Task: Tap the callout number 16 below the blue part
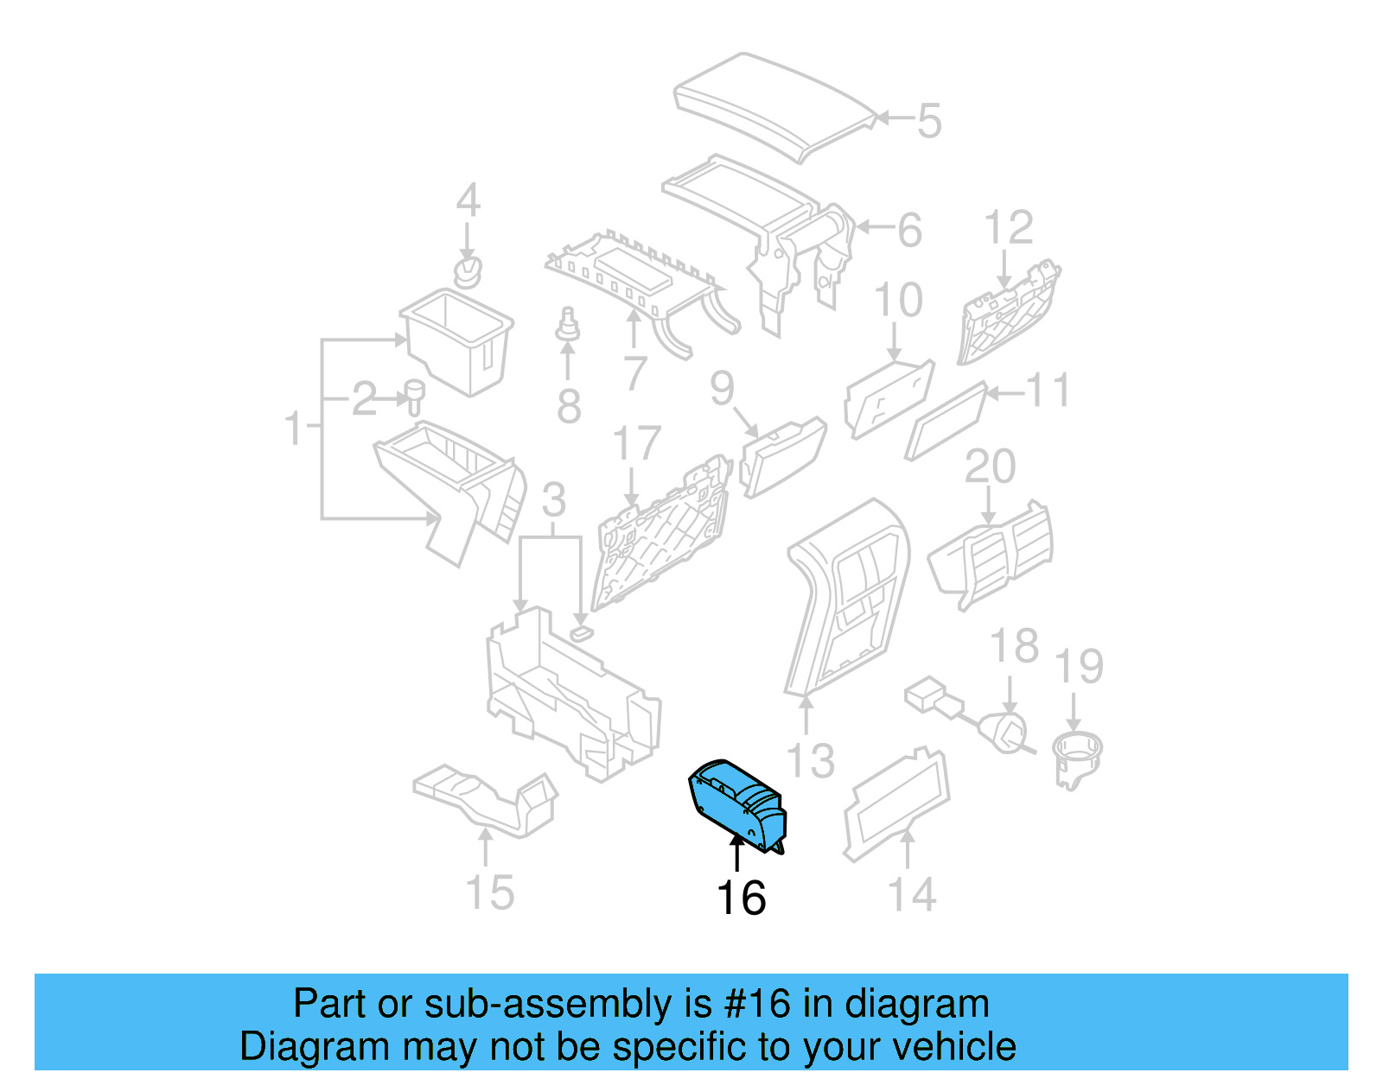[741, 898]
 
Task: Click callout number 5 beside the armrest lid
[928, 121]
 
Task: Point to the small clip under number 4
[468, 271]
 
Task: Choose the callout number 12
[1008, 228]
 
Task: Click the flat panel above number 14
[896, 799]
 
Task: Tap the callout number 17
[636, 444]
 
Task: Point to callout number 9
[722, 389]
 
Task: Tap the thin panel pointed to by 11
[946, 422]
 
